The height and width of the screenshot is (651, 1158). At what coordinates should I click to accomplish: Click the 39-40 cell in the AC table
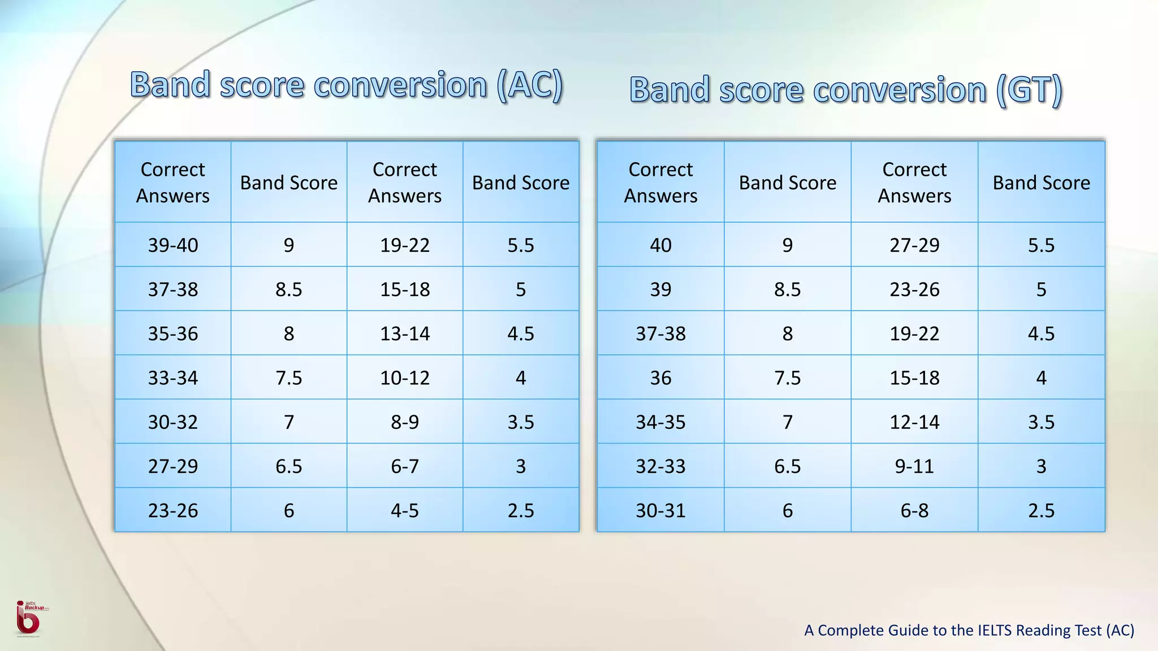click(x=173, y=245)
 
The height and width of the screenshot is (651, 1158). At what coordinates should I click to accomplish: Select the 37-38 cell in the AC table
click(x=173, y=289)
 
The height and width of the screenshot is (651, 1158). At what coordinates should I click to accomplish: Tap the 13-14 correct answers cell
click(x=405, y=333)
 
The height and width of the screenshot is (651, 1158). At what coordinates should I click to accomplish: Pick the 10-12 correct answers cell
click(x=405, y=377)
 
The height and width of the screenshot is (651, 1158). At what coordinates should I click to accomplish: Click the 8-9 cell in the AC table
click(x=405, y=422)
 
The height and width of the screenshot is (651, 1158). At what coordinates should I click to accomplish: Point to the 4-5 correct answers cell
click(x=405, y=510)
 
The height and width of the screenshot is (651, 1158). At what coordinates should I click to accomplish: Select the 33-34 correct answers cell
click(x=173, y=377)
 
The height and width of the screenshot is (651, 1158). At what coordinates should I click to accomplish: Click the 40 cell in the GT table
click(x=660, y=245)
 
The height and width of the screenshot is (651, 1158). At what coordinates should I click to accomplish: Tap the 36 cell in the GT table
click(x=660, y=377)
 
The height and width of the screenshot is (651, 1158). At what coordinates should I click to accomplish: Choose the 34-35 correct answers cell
click(x=660, y=422)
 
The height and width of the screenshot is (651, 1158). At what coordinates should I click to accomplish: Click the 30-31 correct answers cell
click(x=660, y=510)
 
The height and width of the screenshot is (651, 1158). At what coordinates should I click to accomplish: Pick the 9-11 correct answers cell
click(x=914, y=466)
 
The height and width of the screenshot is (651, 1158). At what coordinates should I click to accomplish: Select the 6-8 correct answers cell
click(x=914, y=510)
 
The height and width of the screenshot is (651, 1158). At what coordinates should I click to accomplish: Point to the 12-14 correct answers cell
click(x=914, y=422)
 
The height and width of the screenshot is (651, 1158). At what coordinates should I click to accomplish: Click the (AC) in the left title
click(x=530, y=86)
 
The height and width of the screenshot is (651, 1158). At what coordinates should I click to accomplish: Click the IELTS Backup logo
click(x=28, y=619)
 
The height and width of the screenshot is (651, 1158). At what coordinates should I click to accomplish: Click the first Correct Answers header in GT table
click(x=660, y=182)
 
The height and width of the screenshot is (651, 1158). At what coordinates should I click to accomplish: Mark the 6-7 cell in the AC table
click(x=405, y=466)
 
